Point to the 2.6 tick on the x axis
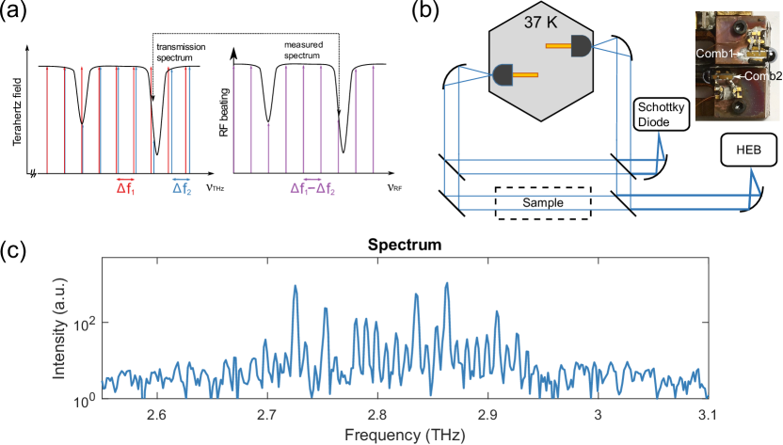(156, 415)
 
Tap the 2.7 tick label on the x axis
(266, 415)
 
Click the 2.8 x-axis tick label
(376, 415)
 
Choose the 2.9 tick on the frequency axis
(487, 415)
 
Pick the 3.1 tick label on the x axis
(707, 415)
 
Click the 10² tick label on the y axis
(85, 323)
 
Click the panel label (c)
(18, 250)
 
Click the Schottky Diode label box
(663, 114)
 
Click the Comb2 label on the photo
(762, 75)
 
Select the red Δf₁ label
(126, 187)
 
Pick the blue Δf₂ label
(181, 187)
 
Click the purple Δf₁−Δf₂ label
(312, 187)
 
